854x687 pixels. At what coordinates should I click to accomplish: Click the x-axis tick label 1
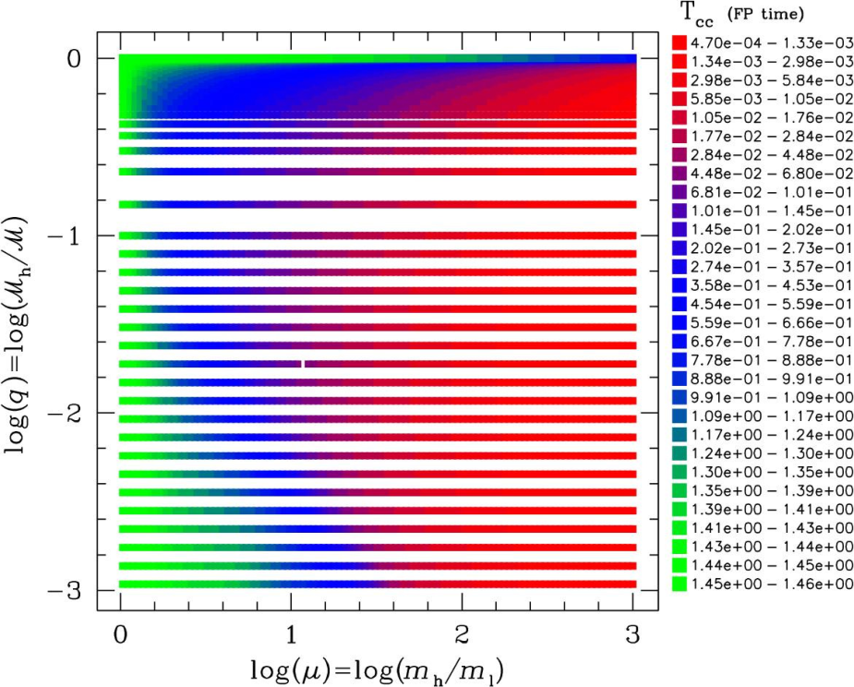click(292, 634)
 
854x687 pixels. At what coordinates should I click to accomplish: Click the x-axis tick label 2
click(462, 634)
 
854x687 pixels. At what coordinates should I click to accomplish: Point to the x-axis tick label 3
click(632, 634)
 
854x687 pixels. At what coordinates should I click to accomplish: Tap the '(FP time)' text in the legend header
click(765, 15)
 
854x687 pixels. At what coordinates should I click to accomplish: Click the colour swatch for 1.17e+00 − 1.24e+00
click(680, 434)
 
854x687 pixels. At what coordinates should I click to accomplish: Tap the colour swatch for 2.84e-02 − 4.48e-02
click(680, 154)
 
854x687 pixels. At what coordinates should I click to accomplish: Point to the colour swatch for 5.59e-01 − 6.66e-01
click(680, 322)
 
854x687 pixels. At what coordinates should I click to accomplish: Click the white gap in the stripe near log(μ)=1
click(304, 364)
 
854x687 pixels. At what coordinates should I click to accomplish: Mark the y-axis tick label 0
click(73, 58)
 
